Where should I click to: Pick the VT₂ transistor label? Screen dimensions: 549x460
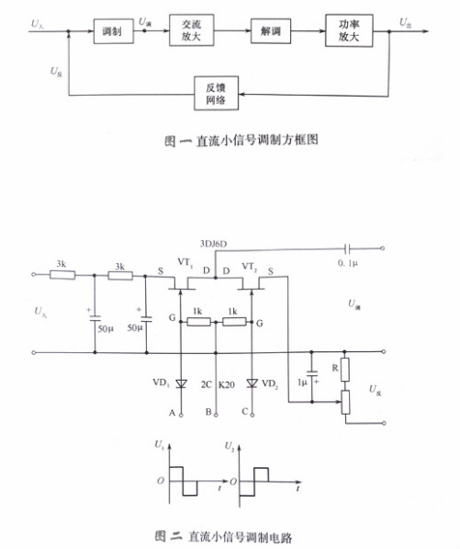pyautogui.click(x=249, y=265)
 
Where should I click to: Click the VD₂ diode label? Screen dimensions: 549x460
pyautogui.click(x=270, y=383)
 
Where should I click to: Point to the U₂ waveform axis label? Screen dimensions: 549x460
pyautogui.click(x=230, y=444)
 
